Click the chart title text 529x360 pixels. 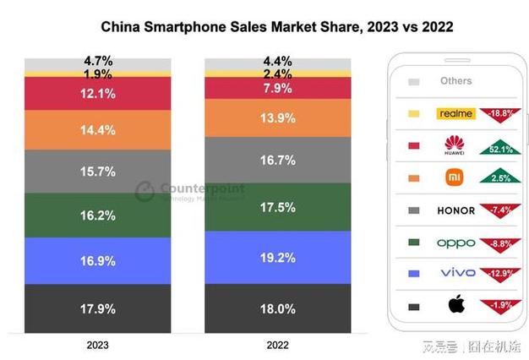[x=276, y=27]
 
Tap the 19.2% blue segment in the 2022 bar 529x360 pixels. [x=278, y=257]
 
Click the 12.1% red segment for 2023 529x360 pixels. [x=97, y=93]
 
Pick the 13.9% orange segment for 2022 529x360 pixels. [x=278, y=119]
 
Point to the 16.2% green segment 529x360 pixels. [x=97, y=215]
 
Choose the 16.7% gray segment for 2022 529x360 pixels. [x=278, y=159]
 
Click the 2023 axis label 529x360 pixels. [x=97, y=345]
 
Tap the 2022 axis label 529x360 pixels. [x=278, y=345]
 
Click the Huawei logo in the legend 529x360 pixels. [x=455, y=146]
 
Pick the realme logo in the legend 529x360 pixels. [x=455, y=113]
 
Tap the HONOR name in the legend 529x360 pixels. [x=455, y=210]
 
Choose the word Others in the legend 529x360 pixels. [x=456, y=81]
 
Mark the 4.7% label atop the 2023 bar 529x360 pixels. [x=97, y=62]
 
